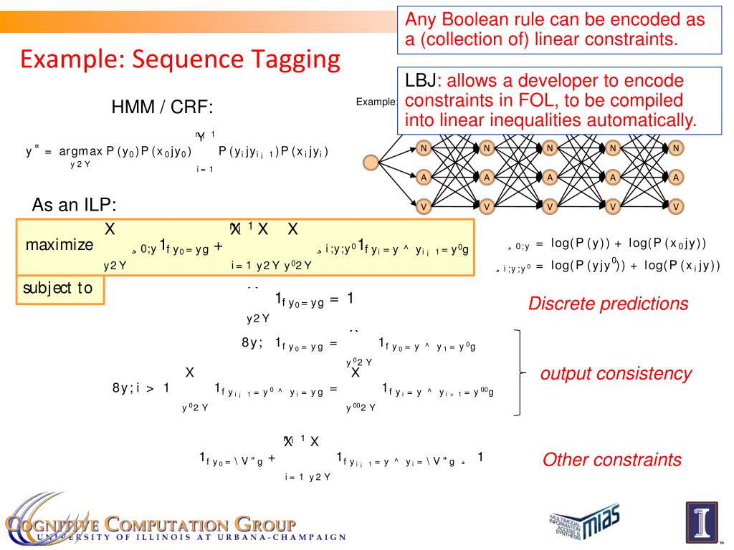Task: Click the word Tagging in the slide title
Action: [295, 59]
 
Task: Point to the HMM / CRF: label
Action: [162, 108]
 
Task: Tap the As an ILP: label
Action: [74, 206]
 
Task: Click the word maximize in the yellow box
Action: [59, 245]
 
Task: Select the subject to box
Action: [58, 289]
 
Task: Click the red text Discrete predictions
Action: [608, 304]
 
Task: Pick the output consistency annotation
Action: [616, 373]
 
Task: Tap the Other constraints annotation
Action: [611, 460]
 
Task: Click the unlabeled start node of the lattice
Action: [371, 163]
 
